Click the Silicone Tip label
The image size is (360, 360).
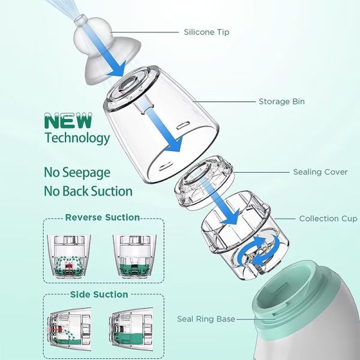(x=206, y=32)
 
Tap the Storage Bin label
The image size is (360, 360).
(x=282, y=101)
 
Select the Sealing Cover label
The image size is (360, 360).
(x=320, y=172)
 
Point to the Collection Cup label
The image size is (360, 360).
(x=328, y=218)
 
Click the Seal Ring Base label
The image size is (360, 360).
(x=206, y=319)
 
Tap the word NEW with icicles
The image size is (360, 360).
(x=68, y=121)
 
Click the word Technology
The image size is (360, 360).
(x=77, y=138)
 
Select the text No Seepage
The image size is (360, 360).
(x=77, y=173)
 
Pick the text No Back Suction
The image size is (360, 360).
(x=88, y=191)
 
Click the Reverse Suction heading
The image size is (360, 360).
(x=103, y=217)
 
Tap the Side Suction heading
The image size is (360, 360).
(x=99, y=295)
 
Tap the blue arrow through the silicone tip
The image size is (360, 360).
(x=106, y=52)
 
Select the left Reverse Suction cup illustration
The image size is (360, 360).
(x=69, y=256)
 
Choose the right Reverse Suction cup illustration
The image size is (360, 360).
(x=134, y=256)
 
